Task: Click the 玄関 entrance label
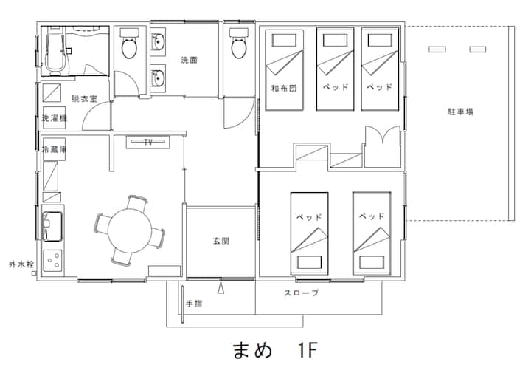[x=221, y=241]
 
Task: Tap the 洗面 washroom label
[x=189, y=60]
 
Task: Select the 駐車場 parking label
[x=460, y=112]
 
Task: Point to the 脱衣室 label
[x=84, y=99]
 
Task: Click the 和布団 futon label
[x=284, y=88]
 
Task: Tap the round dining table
[x=130, y=230]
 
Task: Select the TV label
[x=148, y=142]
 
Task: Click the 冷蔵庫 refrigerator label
[x=54, y=149]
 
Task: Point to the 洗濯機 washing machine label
[x=54, y=118]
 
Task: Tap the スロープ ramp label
[x=302, y=293]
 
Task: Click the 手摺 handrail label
[x=194, y=304]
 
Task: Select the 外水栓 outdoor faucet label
[x=21, y=264]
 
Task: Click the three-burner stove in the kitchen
[x=53, y=261]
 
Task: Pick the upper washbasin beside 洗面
[x=158, y=42]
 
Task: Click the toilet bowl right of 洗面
[x=240, y=48]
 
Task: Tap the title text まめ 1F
[x=275, y=350]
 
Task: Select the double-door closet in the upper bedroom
[x=383, y=146]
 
